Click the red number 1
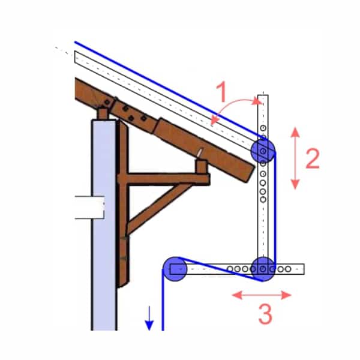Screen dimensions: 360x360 pos(222,92)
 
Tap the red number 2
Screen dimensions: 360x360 pos(313,158)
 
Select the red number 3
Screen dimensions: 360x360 pos(266,314)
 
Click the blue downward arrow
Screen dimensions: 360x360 pos(149,318)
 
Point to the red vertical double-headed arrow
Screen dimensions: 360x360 pos(295,158)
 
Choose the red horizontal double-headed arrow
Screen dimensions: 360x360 pos(262,295)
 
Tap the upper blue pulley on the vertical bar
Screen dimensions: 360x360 pos(263,151)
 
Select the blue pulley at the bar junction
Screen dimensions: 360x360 pos(263,269)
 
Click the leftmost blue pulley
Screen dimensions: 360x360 pos(175,269)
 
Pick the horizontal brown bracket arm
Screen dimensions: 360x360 pos(163,179)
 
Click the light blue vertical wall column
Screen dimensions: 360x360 pos(104,225)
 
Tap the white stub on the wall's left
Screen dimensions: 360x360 pos(89,208)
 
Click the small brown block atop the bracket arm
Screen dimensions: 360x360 pos(202,166)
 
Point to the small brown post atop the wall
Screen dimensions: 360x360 pos(103,113)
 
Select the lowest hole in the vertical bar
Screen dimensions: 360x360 pos(263,200)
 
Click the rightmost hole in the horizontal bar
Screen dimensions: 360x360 pos(288,269)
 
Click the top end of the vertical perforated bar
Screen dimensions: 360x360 pos(263,95)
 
